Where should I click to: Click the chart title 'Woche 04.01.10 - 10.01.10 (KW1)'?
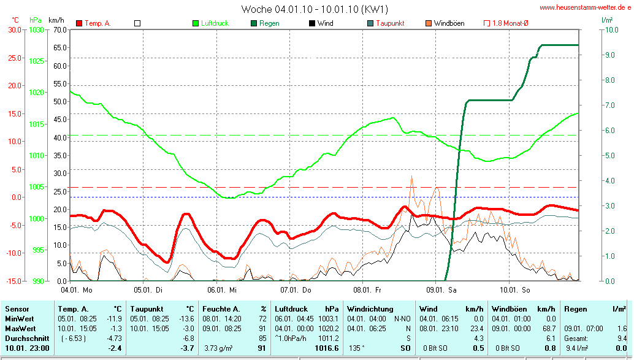315,9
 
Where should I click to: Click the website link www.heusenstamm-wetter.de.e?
586,8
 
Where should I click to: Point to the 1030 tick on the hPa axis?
37,29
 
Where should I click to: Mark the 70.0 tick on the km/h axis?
59,29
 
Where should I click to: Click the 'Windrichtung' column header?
370,309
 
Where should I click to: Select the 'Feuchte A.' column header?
221,309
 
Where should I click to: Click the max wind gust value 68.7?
547,328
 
